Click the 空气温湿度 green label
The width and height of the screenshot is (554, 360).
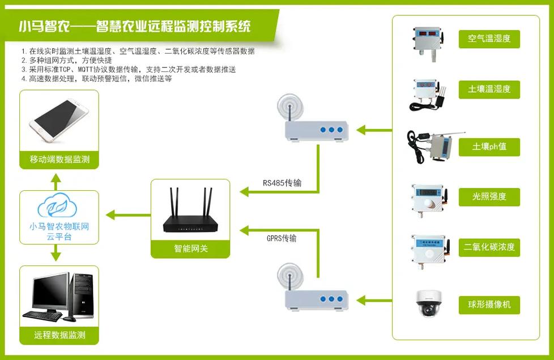point(489,38)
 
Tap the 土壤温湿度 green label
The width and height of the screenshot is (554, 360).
point(489,89)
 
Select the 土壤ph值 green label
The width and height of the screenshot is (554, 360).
point(489,147)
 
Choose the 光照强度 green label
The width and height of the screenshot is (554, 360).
point(489,196)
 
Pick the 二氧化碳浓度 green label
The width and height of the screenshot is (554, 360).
point(489,247)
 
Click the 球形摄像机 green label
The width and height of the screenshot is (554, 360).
point(489,305)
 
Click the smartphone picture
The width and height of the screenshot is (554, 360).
point(59,120)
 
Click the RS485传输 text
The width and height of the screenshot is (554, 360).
point(282,183)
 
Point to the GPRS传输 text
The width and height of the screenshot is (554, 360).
point(281,238)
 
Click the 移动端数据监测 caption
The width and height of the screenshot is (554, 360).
point(59,160)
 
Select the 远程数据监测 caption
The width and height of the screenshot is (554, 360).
point(59,335)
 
